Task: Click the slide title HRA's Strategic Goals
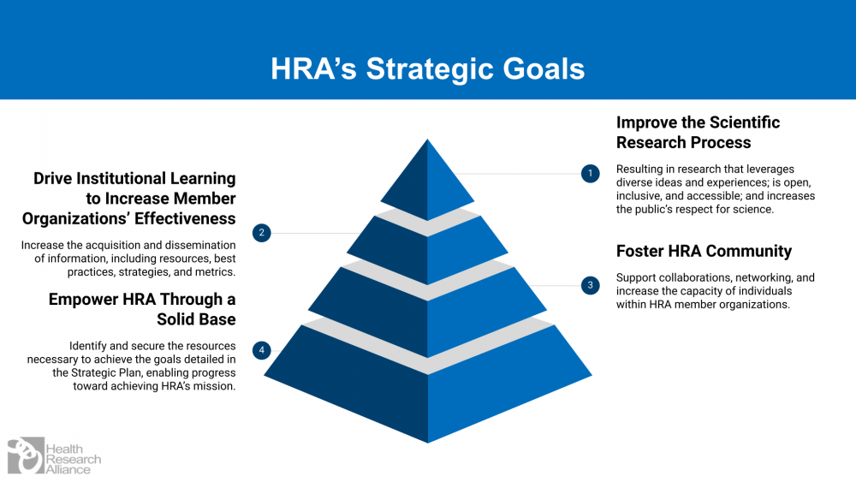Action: click(428, 68)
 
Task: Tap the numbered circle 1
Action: click(589, 174)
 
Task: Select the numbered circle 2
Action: click(262, 232)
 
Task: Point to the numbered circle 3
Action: click(589, 285)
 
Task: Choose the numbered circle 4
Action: click(262, 349)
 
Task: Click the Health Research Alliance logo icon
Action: click(25, 455)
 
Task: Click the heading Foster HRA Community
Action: click(704, 251)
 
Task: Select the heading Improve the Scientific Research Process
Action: click(698, 132)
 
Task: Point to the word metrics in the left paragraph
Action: click(214, 272)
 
